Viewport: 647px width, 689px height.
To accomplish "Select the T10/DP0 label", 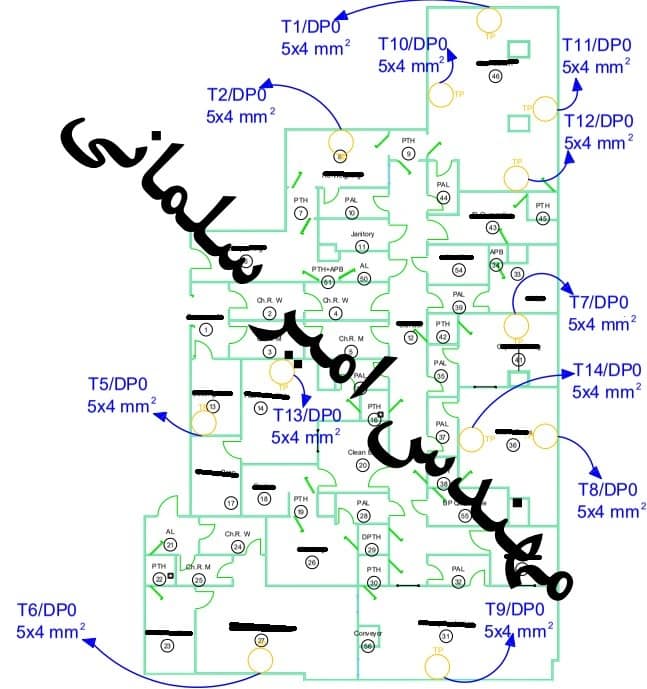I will point(413,44).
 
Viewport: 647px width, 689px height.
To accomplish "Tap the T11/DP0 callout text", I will point(597,45).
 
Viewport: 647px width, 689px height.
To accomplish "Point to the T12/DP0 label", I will point(598,121).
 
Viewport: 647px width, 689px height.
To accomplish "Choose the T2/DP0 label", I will point(236,94).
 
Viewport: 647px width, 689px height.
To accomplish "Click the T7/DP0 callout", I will point(598,303).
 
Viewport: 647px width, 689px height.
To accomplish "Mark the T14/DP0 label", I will point(606,371).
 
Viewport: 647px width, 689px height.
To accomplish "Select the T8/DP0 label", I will point(607,490).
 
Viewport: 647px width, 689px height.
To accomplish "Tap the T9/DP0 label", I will point(514,609).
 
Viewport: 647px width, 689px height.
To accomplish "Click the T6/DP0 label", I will point(46,610).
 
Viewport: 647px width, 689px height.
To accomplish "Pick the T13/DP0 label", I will point(306,415).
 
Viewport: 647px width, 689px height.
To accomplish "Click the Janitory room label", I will point(362,234).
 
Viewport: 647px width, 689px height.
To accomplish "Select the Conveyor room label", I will point(368,633).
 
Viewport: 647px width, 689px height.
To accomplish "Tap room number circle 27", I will point(261,639).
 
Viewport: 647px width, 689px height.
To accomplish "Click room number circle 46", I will point(495,76).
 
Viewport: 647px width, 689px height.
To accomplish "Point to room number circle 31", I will point(445,635).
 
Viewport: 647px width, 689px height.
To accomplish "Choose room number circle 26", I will point(312,563).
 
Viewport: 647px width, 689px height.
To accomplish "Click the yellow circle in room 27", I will point(260,659).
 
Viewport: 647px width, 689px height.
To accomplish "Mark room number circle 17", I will point(231,503).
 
